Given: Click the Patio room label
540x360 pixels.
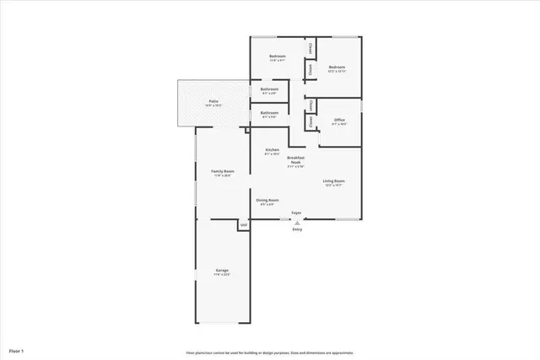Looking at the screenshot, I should click(214, 101).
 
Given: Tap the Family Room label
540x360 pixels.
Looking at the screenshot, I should click(223, 171).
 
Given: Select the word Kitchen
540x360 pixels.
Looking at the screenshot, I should click(273, 150).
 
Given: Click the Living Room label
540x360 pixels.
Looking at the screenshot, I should click(334, 181).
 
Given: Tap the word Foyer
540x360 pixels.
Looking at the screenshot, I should click(296, 212).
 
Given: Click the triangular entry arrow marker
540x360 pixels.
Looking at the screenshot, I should click(296, 222).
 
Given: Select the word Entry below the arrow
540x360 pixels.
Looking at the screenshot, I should click(296, 229).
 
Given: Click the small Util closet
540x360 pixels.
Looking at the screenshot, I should click(243, 225).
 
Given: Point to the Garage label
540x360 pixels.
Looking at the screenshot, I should click(221, 271).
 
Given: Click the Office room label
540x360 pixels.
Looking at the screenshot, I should click(339, 120).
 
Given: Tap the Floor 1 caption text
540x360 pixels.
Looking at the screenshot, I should click(17, 350).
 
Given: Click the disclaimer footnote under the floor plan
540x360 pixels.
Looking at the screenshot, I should click(270, 352).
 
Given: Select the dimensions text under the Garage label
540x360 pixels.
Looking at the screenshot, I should click(221, 275).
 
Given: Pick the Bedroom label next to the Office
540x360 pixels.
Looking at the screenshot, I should click(338, 67).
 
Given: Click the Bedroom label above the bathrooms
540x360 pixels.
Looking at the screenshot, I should click(277, 56).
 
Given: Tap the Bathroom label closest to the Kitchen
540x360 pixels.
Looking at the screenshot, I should click(269, 112).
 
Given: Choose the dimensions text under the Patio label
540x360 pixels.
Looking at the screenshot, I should click(214, 105).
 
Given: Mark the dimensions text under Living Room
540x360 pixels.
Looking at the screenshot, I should click(334, 185).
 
